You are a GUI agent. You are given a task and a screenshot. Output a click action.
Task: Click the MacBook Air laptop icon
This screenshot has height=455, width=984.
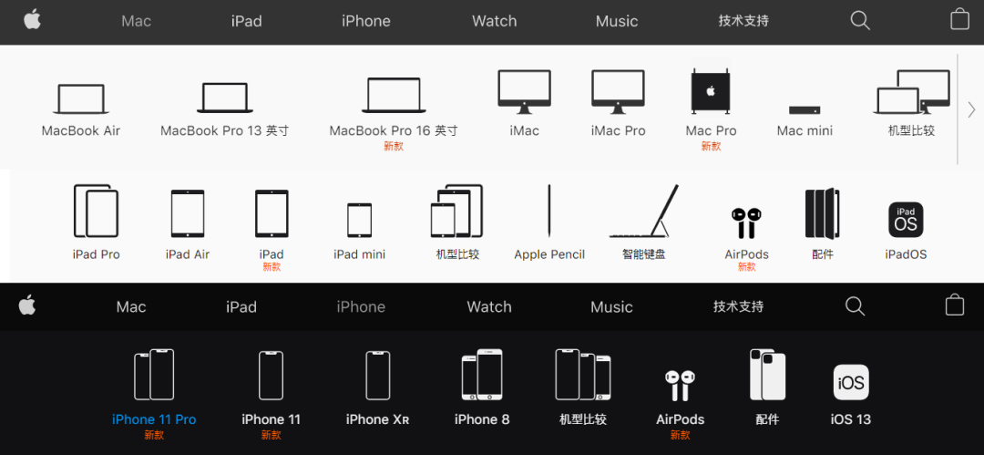[80, 98]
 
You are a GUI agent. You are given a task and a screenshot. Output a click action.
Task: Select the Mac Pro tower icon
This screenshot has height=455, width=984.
[711, 91]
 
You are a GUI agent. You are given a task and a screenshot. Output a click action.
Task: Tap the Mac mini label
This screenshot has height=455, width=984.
[805, 130]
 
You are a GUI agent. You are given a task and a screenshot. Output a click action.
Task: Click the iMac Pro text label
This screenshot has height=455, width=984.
[618, 130]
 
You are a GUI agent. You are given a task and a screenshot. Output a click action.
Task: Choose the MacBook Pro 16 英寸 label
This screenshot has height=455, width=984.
[394, 130]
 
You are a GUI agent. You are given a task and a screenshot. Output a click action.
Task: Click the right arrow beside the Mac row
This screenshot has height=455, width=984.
[971, 109]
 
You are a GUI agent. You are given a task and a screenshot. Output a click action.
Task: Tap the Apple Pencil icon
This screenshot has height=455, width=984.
[549, 211]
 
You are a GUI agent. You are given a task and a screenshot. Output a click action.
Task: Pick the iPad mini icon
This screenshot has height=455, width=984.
[360, 220]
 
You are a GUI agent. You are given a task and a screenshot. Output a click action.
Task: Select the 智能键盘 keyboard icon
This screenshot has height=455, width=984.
[644, 211]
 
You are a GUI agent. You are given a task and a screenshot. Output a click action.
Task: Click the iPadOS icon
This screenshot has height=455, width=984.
[906, 220]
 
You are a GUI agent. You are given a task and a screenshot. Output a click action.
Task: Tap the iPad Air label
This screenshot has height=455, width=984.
[188, 254]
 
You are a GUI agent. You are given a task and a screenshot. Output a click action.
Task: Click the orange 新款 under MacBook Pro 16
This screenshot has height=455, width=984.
[394, 147]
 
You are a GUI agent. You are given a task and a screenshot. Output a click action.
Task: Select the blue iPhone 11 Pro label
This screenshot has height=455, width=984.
[154, 419]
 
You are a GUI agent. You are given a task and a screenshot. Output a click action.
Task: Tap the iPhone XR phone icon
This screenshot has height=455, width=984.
[378, 375]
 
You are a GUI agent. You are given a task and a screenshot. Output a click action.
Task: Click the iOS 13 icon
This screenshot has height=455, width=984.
[851, 382]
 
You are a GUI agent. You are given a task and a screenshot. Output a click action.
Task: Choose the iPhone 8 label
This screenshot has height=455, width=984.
[482, 419]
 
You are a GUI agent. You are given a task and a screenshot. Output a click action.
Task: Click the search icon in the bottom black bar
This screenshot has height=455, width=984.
[855, 306]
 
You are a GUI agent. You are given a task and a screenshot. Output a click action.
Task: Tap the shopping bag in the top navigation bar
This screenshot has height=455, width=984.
[960, 19]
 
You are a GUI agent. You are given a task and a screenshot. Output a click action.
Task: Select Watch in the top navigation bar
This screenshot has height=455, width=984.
[495, 21]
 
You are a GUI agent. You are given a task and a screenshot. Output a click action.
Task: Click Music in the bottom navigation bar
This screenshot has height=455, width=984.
[612, 306]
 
